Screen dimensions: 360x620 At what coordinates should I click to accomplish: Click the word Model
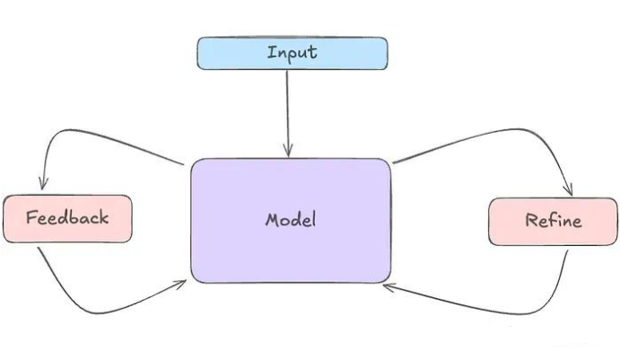(x=291, y=220)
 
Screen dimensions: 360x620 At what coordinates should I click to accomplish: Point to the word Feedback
(x=67, y=217)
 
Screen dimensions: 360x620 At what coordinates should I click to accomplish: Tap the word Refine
(x=553, y=221)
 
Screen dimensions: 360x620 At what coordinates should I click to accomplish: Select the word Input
(x=292, y=52)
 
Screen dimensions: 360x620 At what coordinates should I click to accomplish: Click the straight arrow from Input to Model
(x=288, y=108)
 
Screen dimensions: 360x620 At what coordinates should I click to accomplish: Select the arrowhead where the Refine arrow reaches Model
(x=388, y=287)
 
